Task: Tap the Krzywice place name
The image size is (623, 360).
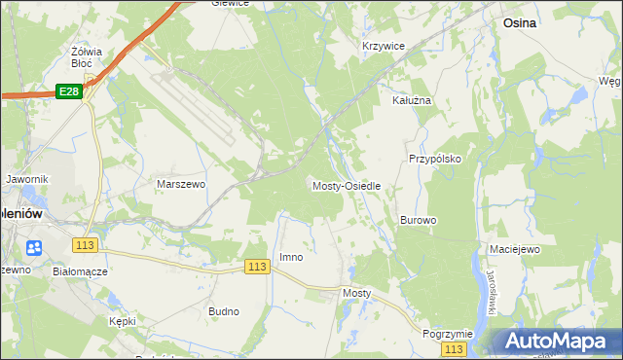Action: [x=383, y=46]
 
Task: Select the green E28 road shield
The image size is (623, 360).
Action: [x=68, y=90]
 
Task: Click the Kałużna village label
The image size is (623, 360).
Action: [x=411, y=100]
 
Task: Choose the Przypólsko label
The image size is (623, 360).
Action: [x=434, y=158]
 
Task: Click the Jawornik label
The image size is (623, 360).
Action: [x=26, y=180]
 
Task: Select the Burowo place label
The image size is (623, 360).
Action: [x=418, y=221]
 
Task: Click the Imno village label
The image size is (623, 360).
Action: [x=291, y=257]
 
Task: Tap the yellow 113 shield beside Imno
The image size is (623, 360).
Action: [x=257, y=267]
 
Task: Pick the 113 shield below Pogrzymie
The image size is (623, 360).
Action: [x=453, y=348]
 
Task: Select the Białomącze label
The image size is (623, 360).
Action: [x=81, y=271]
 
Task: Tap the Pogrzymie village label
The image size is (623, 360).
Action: [x=448, y=333]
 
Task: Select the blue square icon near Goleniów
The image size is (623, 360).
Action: [x=35, y=248]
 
